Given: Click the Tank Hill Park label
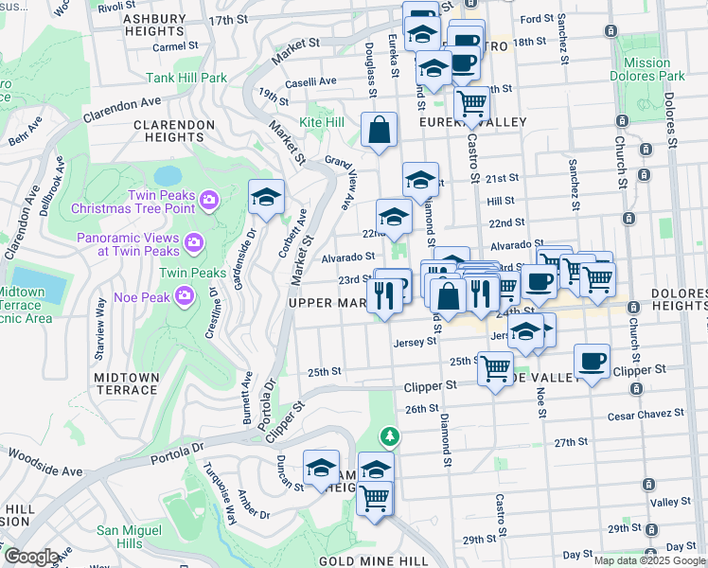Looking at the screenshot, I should [186, 78].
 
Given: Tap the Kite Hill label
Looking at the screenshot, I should [322, 123].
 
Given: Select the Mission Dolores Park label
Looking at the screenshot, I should [647, 69].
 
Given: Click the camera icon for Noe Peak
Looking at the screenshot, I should [184, 295].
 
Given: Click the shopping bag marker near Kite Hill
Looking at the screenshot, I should [379, 131].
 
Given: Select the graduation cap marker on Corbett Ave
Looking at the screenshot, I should [267, 197].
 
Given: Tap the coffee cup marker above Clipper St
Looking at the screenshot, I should [592, 361].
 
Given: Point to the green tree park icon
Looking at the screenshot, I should [389, 436].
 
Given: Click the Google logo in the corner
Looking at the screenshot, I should [30, 557].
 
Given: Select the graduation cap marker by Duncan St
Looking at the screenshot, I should [321, 467].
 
